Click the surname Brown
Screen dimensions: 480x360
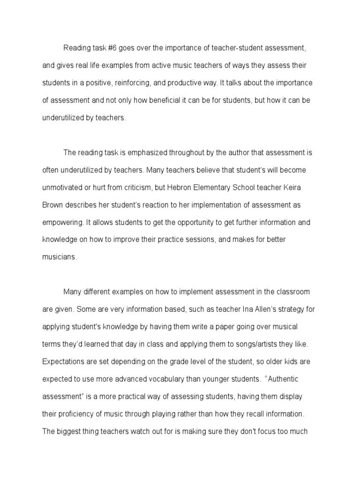pyautogui.click(x=52, y=205)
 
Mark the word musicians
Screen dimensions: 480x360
pyautogui.click(x=59, y=257)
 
